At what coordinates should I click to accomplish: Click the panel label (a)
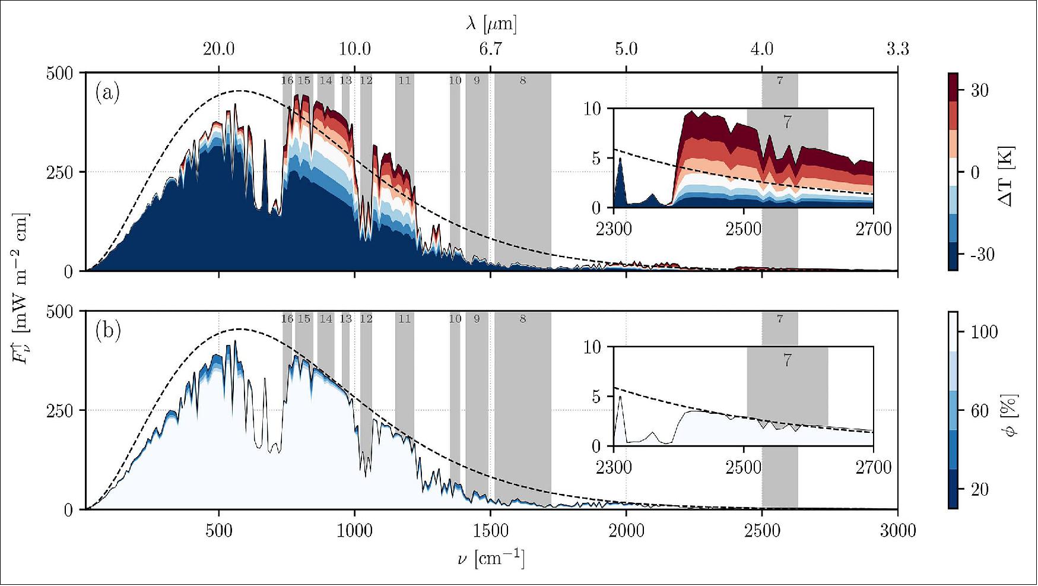(107, 94)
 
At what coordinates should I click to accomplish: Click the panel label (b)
(107, 331)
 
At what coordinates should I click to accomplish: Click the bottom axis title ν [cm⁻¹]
(491, 559)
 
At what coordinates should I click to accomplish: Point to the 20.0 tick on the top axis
(218, 49)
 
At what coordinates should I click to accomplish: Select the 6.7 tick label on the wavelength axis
(490, 49)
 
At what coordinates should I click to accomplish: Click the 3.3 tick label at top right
(897, 49)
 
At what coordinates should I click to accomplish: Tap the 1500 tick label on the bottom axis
(490, 530)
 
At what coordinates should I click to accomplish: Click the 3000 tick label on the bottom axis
(897, 530)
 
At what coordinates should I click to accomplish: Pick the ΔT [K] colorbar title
(1005, 176)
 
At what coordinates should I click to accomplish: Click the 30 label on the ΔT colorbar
(979, 91)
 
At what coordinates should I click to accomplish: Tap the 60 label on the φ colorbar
(979, 411)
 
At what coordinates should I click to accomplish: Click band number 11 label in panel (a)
(404, 81)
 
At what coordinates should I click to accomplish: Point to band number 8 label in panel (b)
(523, 319)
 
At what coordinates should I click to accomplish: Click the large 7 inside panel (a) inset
(787, 122)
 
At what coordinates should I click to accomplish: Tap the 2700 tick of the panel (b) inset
(873, 467)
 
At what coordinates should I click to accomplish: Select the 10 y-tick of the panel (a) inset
(592, 109)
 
